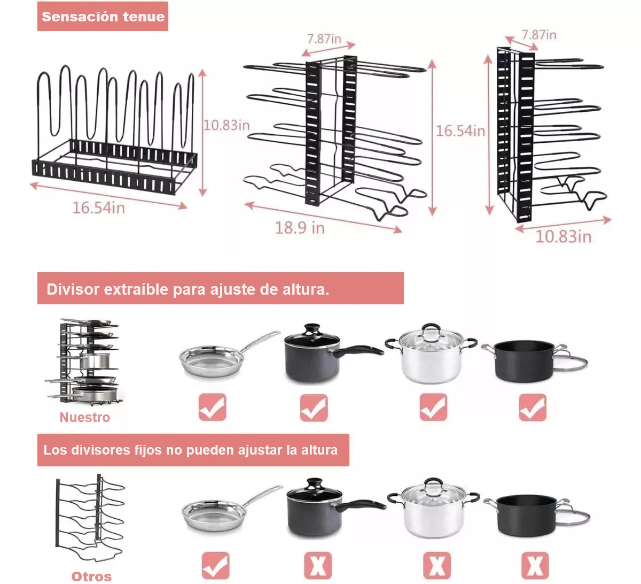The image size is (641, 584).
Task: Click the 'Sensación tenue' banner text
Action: point(103,17)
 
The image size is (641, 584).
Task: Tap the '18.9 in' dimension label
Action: point(300,228)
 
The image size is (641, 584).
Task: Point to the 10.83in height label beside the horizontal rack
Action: point(226,125)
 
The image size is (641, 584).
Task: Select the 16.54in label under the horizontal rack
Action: point(98,208)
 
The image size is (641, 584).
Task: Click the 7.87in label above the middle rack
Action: point(324,39)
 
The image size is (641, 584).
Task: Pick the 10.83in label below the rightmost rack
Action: point(563,236)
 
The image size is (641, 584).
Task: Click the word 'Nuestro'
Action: point(84,417)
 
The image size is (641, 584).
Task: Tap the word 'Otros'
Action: point(91,576)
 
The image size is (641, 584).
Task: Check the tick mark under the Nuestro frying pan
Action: point(213,408)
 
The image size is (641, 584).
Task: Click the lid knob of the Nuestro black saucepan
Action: point(311,328)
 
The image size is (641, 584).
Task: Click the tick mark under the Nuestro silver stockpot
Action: point(433,408)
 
